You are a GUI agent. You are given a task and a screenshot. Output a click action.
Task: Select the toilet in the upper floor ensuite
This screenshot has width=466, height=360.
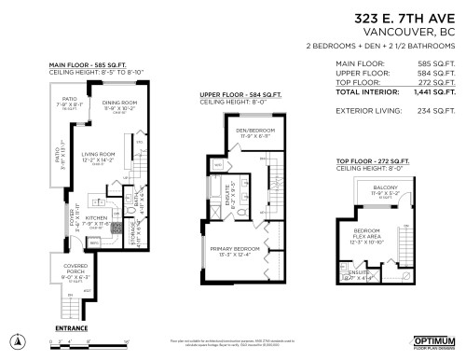(240, 212)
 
